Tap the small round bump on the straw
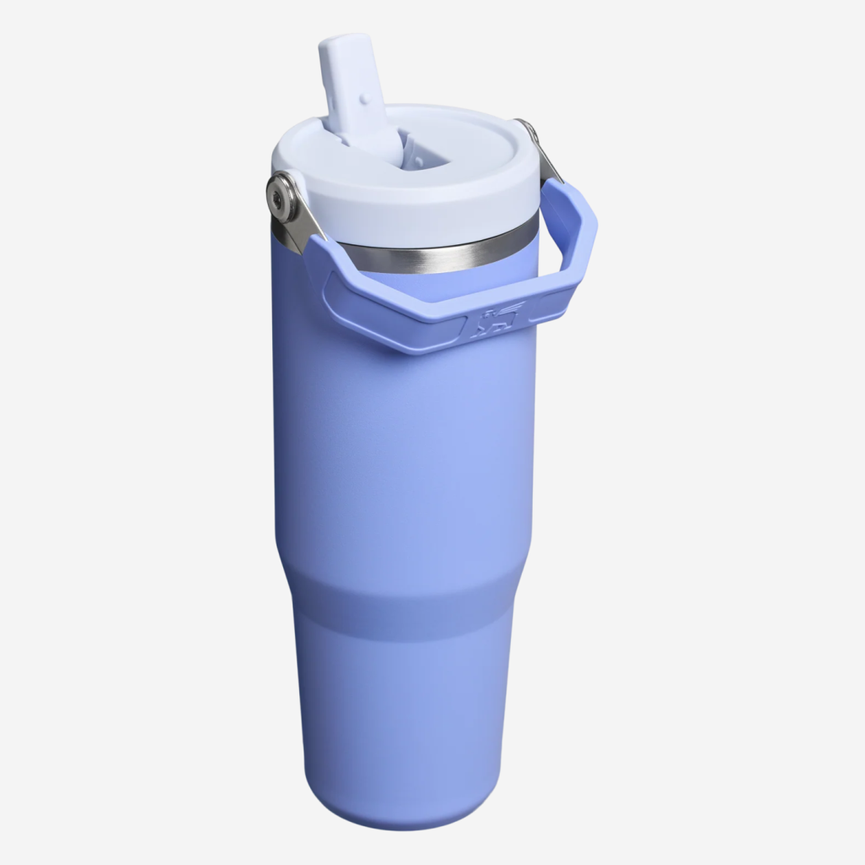point(364,99)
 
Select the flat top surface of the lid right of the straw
point(490,144)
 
